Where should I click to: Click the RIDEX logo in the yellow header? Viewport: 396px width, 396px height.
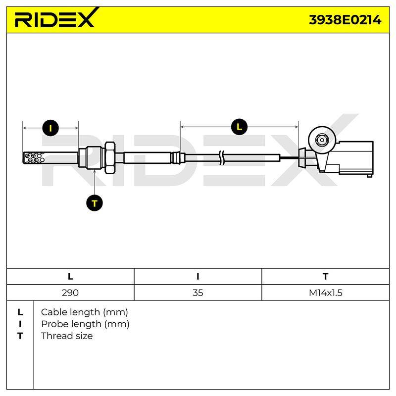pyautogui.click(x=57, y=18)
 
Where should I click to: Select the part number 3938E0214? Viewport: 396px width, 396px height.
pyautogui.click(x=345, y=20)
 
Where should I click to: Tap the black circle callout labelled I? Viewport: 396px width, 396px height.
pyautogui.click(x=50, y=128)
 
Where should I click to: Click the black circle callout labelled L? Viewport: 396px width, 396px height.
pyautogui.click(x=239, y=127)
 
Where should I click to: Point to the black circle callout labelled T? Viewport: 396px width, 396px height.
pyautogui.click(x=95, y=203)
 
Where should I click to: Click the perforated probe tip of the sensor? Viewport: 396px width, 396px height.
pyautogui.click(x=34, y=158)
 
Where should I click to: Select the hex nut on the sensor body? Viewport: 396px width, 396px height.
pyautogui.click(x=110, y=157)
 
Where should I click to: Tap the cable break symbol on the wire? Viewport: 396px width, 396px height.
pyautogui.click(x=221, y=158)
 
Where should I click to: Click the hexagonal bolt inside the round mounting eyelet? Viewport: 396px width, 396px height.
pyautogui.click(x=322, y=140)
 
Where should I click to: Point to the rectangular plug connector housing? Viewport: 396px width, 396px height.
pyautogui.click(x=355, y=158)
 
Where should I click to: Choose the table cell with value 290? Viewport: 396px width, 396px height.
pyautogui.click(x=70, y=293)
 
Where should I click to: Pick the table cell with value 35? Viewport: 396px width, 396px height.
pyautogui.click(x=198, y=293)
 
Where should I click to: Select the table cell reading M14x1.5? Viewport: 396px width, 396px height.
pyautogui.click(x=326, y=293)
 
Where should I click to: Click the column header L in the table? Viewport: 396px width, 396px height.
pyautogui.click(x=70, y=277)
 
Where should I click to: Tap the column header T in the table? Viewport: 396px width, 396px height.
pyautogui.click(x=326, y=277)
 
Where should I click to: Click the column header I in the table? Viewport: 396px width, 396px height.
pyautogui.click(x=198, y=277)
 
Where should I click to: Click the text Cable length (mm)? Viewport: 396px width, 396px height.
pyautogui.click(x=84, y=312)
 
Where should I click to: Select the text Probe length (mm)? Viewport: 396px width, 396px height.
pyautogui.click(x=85, y=324)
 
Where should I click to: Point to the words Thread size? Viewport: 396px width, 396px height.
pyautogui.click(x=67, y=336)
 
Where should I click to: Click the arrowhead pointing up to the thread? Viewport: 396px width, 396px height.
pyautogui.click(x=95, y=171)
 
